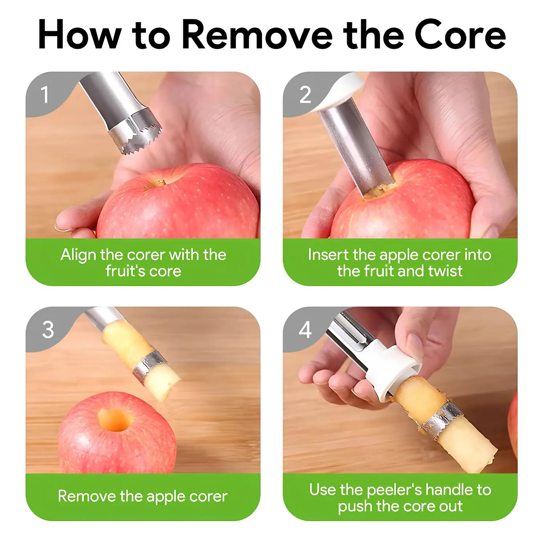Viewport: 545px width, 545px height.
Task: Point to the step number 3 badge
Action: tap(48, 330)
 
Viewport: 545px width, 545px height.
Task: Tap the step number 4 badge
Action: tap(305, 330)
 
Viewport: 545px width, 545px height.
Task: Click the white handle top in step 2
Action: tap(338, 93)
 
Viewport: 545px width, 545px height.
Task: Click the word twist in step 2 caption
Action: tap(445, 271)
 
